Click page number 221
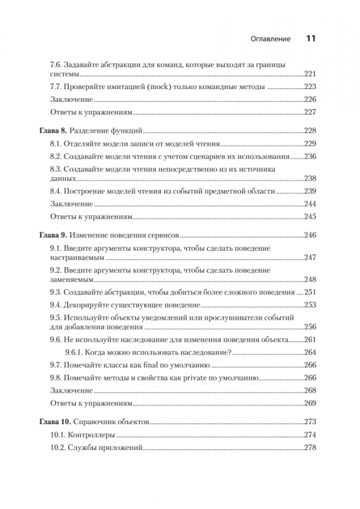pyautogui.click(x=309, y=74)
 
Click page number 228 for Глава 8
pyautogui.click(x=309, y=131)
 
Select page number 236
pyautogui.click(x=309, y=156)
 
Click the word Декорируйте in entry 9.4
pyautogui.click(x=88, y=304)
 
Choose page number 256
pyautogui.click(x=309, y=327)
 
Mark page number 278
pyautogui.click(x=309, y=447)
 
